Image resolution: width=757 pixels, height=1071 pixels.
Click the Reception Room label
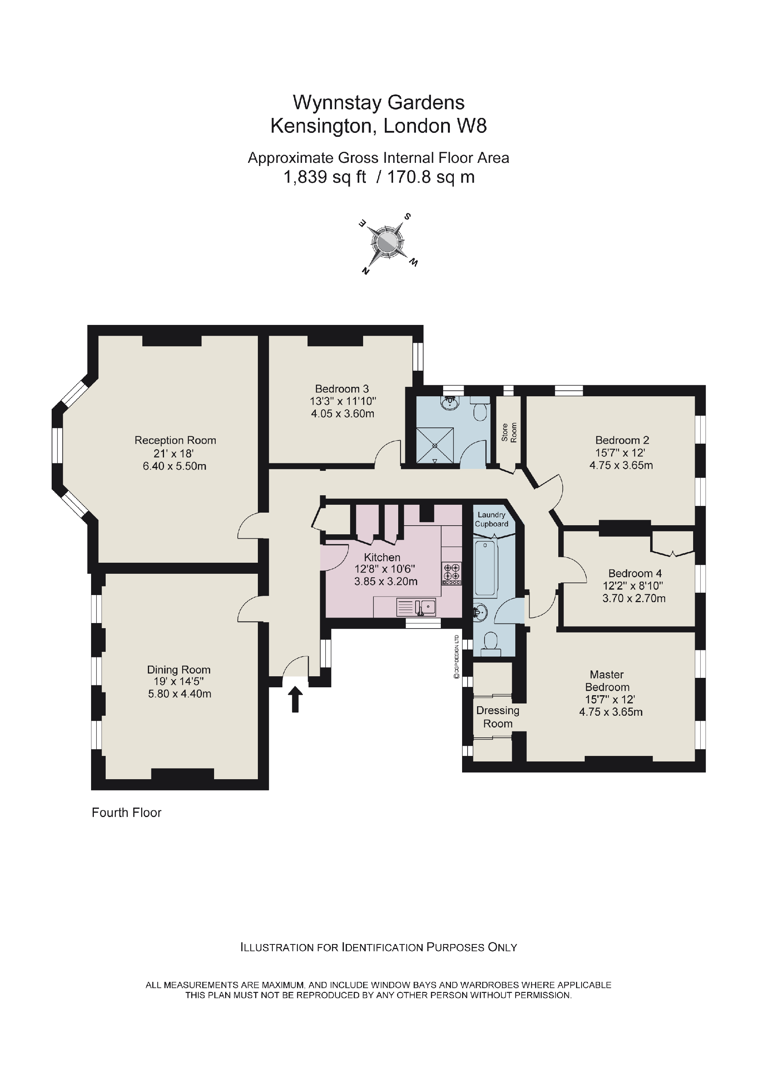(175, 440)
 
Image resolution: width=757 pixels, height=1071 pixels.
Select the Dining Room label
(179, 670)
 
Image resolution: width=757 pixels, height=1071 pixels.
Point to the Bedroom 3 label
(342, 388)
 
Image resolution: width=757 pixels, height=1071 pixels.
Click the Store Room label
(509, 433)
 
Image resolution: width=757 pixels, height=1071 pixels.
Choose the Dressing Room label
(498, 716)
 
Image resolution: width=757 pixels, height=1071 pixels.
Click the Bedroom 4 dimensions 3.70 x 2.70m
(634, 598)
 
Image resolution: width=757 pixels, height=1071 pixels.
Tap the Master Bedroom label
(607, 681)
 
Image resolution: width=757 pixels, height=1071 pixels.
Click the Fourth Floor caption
(127, 812)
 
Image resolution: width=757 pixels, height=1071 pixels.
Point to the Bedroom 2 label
(622, 440)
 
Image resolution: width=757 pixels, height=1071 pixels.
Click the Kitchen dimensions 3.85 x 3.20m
(386, 581)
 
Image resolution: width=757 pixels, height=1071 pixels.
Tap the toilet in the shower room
(480, 410)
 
